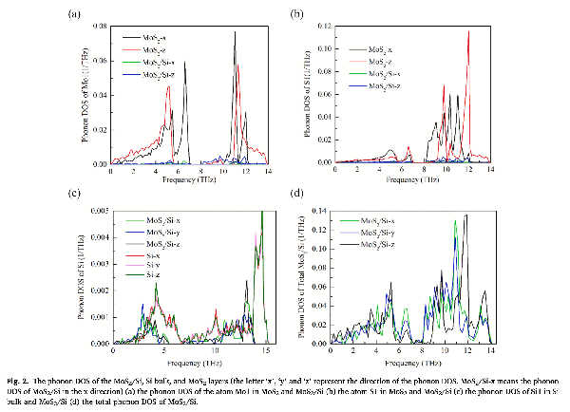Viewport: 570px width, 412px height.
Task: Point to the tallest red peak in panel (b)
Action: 468,33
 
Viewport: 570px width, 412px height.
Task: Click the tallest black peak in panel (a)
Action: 235,33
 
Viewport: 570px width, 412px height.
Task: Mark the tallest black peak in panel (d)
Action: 465,216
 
